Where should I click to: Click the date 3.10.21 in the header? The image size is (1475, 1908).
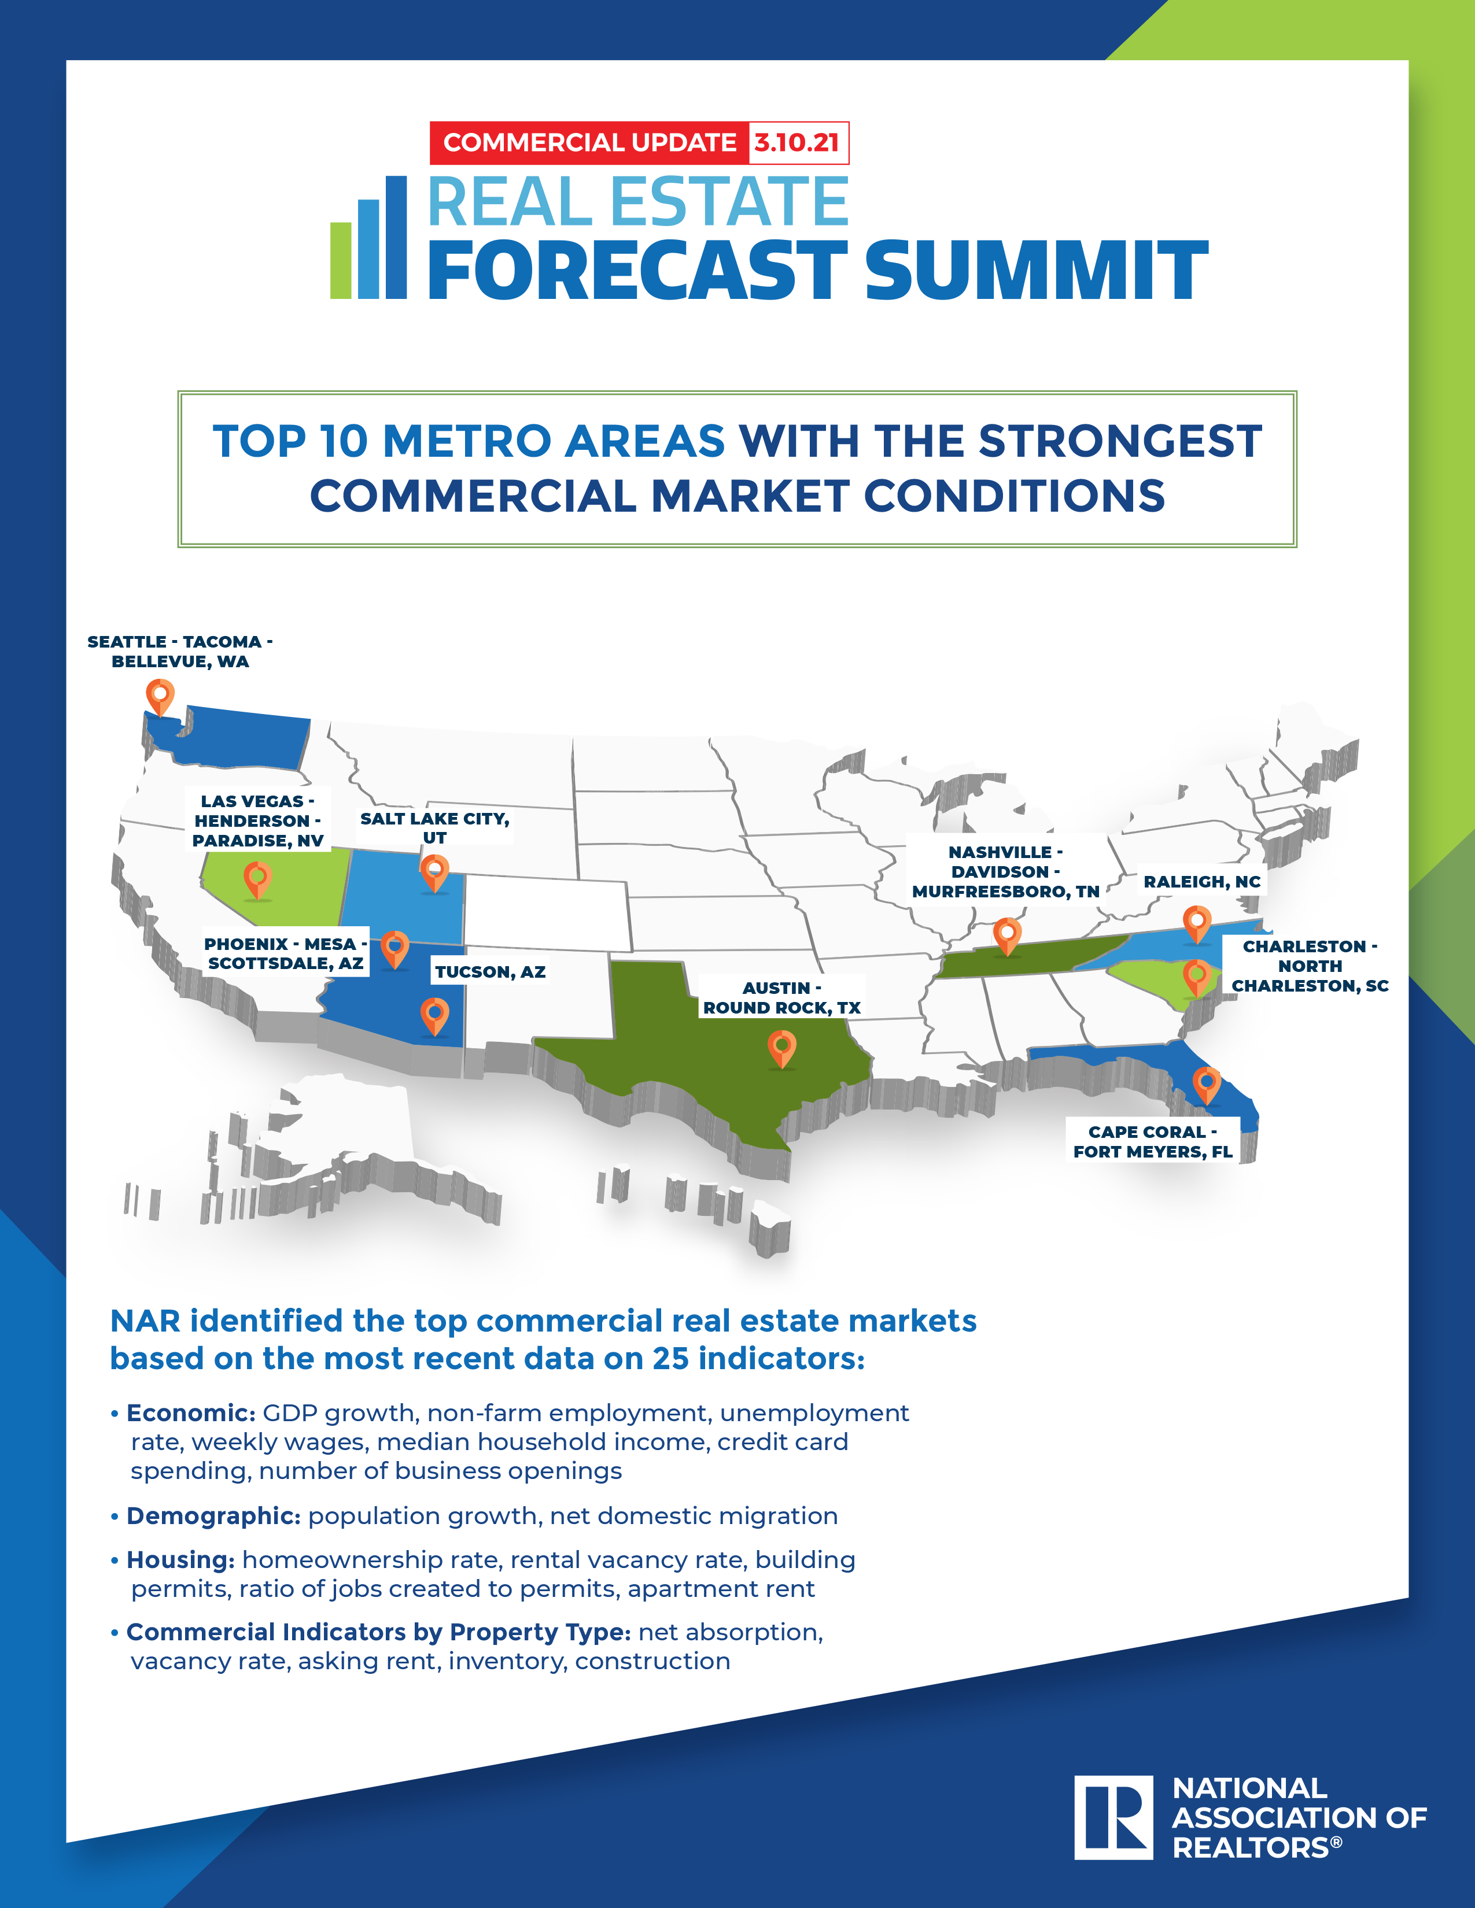797,142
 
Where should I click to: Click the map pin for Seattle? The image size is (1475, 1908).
160,698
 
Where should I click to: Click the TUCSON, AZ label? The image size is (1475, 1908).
490,971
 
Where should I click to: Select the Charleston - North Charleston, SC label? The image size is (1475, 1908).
1310,966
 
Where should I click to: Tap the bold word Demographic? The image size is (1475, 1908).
214,1516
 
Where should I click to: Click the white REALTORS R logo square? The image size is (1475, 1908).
1113,1817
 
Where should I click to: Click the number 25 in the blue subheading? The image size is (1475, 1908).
671,1359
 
